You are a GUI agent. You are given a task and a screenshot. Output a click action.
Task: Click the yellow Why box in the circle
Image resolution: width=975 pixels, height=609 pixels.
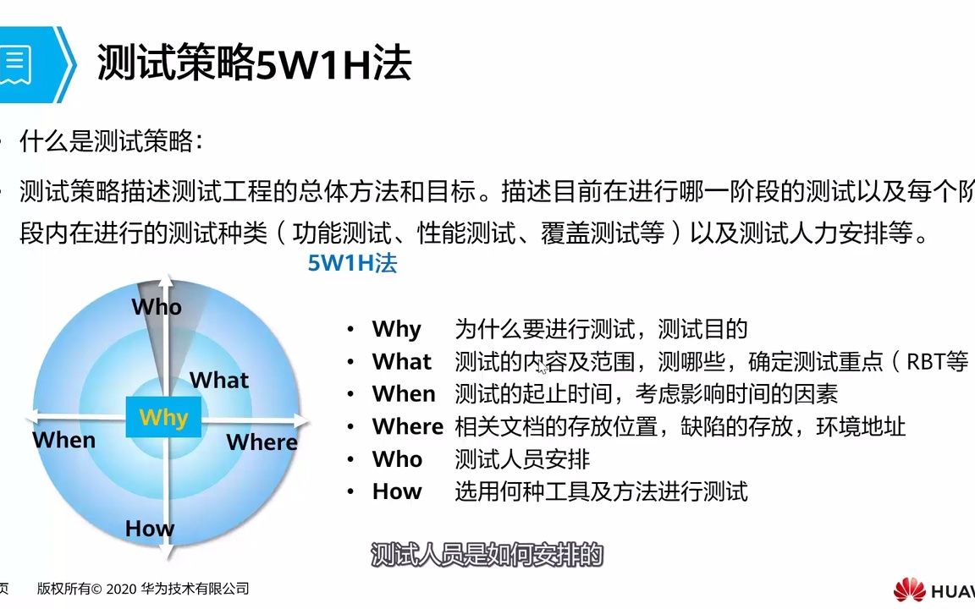[163, 417]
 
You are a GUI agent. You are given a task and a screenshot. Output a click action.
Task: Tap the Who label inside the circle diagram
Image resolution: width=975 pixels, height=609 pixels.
[157, 307]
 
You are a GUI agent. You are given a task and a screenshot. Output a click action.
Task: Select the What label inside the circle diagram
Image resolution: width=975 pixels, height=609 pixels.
[219, 380]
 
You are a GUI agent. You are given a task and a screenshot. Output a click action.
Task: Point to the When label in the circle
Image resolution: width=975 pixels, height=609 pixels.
[64, 440]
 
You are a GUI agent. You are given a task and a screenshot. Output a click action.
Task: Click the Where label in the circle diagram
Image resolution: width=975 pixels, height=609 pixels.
[262, 442]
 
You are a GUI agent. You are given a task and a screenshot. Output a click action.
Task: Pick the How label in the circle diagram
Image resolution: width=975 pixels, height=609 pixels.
[150, 528]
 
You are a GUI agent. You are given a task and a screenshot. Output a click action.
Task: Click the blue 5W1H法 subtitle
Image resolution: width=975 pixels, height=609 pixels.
[353, 264]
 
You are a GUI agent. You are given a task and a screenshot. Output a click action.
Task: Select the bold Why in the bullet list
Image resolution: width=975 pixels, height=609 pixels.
[397, 329]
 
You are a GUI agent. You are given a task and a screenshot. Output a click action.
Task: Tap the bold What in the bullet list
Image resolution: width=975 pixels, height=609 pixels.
[402, 362]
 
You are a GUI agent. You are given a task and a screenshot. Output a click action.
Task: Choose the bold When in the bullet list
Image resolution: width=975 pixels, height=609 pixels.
[404, 394]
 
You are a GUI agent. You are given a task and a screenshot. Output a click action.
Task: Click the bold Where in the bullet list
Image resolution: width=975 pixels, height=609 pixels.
[408, 426]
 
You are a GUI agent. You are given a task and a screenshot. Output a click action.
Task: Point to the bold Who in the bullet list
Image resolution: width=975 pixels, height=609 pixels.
[397, 459]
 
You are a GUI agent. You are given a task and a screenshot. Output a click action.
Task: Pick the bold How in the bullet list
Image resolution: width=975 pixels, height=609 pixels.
[397, 491]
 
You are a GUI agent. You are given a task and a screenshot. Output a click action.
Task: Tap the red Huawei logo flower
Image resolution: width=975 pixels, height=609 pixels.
[909, 590]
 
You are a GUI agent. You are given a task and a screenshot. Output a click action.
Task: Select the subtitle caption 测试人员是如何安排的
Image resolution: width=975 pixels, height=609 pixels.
[487, 554]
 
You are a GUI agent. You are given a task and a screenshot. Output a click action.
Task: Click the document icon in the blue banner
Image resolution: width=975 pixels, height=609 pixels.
[15, 64]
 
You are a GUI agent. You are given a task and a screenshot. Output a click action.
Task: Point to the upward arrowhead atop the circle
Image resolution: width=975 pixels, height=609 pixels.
[165, 280]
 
